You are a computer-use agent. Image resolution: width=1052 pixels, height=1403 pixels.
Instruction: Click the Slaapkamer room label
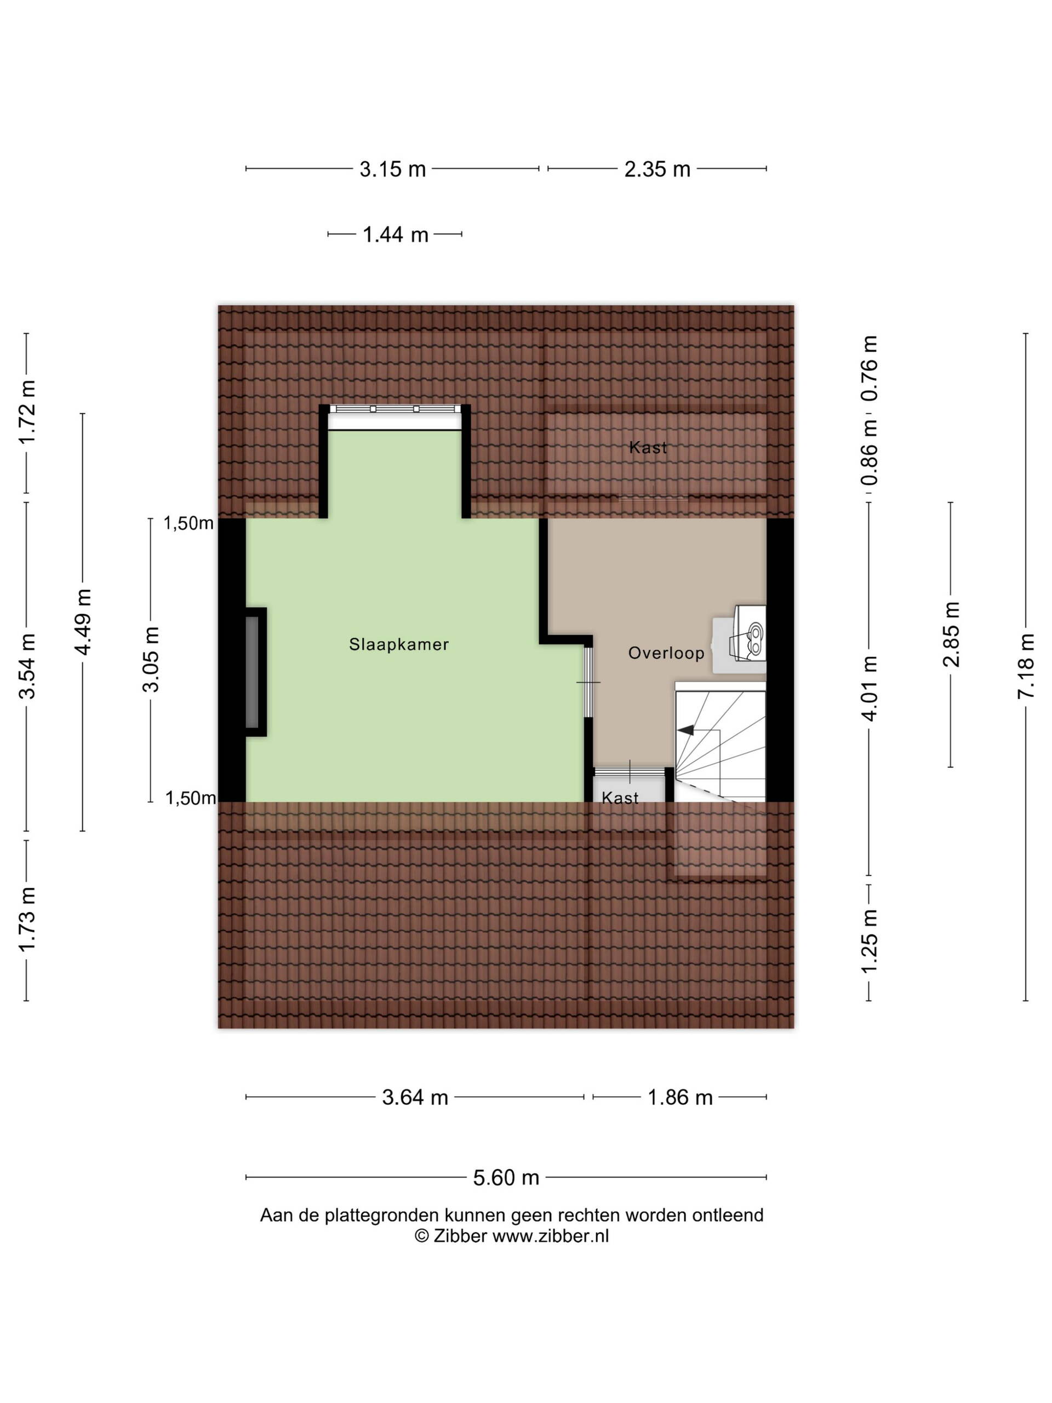[399, 645]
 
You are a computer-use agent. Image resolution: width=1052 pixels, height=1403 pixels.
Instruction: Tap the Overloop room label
[666, 653]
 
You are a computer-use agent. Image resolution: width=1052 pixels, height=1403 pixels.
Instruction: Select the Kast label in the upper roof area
[648, 448]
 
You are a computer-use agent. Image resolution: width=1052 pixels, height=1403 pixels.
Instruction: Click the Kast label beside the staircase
[620, 798]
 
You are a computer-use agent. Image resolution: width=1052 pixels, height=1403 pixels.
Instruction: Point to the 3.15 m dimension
[392, 169]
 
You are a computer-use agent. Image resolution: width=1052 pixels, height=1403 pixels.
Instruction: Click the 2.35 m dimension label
[657, 169]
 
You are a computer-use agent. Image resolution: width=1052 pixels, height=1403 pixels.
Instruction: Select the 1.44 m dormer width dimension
[395, 235]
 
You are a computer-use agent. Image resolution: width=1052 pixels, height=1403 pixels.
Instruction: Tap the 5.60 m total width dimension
[506, 1178]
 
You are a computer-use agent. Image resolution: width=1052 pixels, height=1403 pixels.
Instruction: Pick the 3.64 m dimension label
[415, 1097]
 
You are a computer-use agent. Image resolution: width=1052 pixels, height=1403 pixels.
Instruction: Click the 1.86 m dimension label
[680, 1097]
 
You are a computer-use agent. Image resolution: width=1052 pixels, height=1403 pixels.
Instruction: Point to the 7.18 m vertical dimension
[1025, 666]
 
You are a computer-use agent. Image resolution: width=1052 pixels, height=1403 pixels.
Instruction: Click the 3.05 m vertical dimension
[151, 660]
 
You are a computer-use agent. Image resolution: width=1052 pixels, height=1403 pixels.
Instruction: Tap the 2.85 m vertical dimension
[951, 634]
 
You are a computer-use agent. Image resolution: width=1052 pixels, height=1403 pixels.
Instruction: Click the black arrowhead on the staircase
[685, 730]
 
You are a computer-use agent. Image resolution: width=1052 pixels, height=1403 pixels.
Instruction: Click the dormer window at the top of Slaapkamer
[395, 409]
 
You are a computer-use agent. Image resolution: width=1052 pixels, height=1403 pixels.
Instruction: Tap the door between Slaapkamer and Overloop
[588, 682]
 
